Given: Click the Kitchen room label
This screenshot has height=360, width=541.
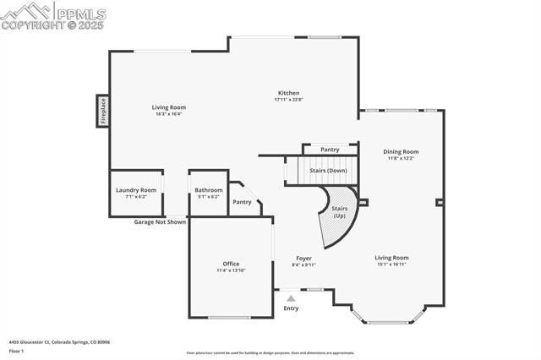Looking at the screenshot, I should click(287, 93).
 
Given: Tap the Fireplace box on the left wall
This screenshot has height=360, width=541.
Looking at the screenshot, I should click(102, 111).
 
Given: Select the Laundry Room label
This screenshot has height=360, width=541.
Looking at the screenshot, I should click(136, 190).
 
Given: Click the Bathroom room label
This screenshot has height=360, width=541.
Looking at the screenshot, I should click(208, 190).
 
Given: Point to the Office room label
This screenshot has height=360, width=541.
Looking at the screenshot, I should click(231, 264).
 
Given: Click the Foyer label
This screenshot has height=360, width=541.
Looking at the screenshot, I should click(303, 258).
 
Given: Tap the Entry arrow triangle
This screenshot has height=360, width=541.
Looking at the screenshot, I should click(291, 298).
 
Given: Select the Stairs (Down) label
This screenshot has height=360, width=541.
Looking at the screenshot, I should click(328, 170).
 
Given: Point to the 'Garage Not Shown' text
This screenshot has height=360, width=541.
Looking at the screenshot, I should click(160, 222).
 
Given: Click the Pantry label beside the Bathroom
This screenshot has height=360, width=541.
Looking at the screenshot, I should click(242, 202).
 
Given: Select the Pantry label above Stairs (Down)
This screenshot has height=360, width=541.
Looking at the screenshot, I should click(330, 149).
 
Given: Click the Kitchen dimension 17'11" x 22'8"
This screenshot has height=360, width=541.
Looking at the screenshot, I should click(287, 100).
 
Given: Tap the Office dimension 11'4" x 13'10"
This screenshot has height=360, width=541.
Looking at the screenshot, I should click(231, 270).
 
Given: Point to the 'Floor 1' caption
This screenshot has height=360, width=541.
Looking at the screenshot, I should click(17, 350).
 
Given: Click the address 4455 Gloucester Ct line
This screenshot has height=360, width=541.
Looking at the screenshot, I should click(59, 342).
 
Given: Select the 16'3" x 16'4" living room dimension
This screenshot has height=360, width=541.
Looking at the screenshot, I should click(169, 114).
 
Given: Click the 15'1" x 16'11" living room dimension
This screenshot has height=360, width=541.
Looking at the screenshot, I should click(391, 265).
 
